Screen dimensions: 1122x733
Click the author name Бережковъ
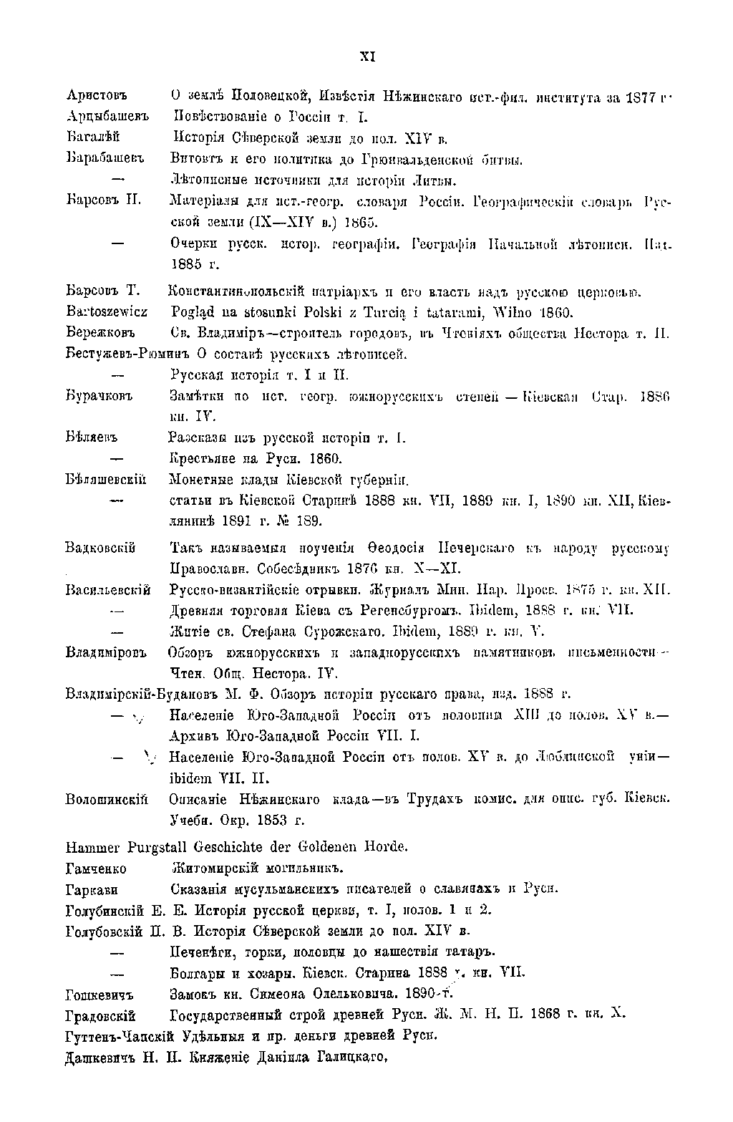(101, 334)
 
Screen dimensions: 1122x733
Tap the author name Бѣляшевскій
(106, 479)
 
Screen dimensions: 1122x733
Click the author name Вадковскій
(100, 549)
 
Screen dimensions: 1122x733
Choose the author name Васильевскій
(107, 591)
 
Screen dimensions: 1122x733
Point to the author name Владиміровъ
(105, 653)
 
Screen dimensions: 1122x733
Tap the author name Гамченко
(96, 869)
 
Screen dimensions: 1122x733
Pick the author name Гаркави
(91, 889)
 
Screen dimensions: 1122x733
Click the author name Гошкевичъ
(99, 995)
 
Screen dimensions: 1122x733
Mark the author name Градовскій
(99, 1015)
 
